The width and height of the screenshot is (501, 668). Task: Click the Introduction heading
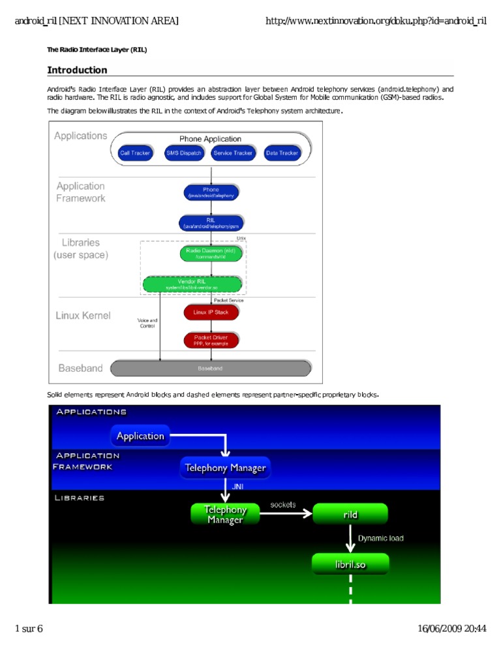pos(77,70)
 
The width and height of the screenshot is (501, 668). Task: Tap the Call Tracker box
pos(135,153)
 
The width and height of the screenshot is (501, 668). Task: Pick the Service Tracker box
pos(233,153)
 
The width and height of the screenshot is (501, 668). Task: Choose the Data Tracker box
pos(282,153)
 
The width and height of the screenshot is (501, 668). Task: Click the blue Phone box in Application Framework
pos(211,192)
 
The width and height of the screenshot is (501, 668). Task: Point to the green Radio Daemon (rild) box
pos(211,252)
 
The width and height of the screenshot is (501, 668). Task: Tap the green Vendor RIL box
pos(192,284)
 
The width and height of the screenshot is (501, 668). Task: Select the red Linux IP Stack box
pos(211,312)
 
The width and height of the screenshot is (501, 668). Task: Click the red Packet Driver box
pos(211,340)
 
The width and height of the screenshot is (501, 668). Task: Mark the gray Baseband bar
pos(210,369)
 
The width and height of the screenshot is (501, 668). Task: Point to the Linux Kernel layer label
pos(83,316)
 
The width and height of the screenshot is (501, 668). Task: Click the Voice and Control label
pos(147,323)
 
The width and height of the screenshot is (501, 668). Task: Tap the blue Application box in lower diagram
pos(140,436)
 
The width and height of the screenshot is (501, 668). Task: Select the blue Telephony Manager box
pos(225,468)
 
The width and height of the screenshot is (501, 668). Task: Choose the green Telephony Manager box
pos(225,514)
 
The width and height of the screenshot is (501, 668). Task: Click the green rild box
pos(350,514)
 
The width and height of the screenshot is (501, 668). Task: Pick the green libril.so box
pos(350,564)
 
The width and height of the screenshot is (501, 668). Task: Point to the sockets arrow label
pos(282,504)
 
